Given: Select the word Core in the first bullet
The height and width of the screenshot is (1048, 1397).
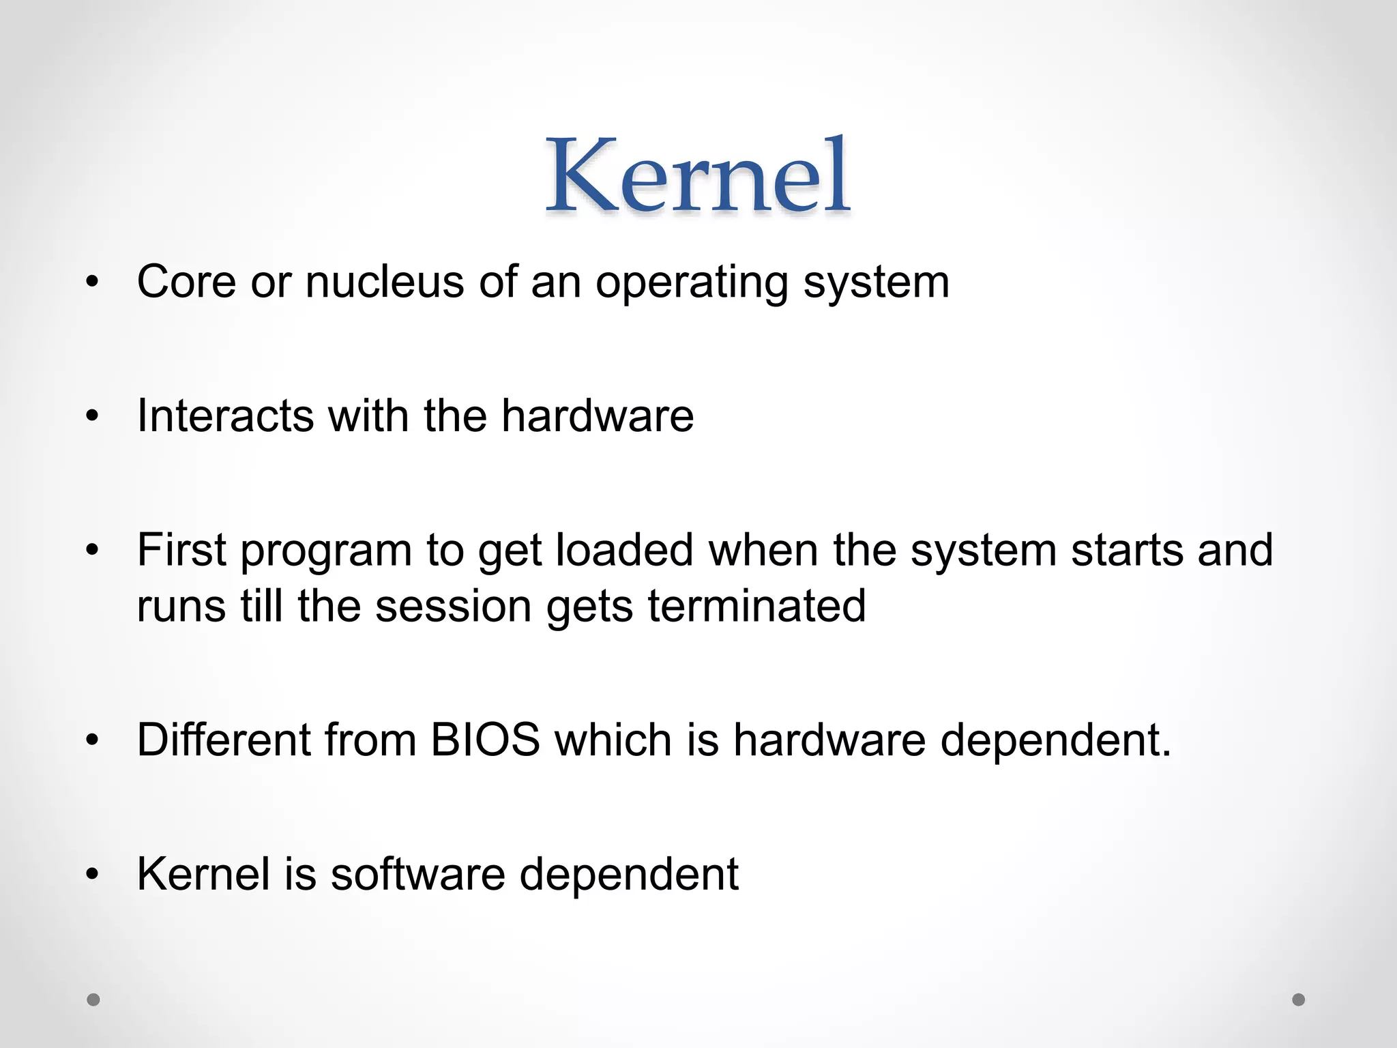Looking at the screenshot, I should pyautogui.click(x=186, y=281).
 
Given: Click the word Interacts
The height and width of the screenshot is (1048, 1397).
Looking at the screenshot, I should pyautogui.click(x=225, y=416).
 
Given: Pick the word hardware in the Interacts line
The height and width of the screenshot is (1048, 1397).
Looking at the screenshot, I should pyautogui.click(x=598, y=416).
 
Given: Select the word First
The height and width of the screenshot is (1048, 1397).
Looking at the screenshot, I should pyautogui.click(x=181, y=550).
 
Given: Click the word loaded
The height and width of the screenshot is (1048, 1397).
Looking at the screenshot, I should pyautogui.click(x=624, y=550).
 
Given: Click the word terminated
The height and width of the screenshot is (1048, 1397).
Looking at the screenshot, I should pyautogui.click(x=756, y=606).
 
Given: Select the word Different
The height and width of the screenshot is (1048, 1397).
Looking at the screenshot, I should pyautogui.click(x=224, y=740).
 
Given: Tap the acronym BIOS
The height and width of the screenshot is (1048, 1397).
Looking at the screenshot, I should pyautogui.click(x=485, y=740).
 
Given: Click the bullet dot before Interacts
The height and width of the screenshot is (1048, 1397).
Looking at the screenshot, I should pyautogui.click(x=93, y=417).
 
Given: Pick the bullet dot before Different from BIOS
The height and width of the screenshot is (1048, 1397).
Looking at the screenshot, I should pyautogui.click(x=93, y=741).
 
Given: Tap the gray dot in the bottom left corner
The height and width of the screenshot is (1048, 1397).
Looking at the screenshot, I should pyautogui.click(x=93, y=1000).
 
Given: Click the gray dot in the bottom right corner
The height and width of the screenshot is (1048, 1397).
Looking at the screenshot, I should pyautogui.click(x=1299, y=1000).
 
